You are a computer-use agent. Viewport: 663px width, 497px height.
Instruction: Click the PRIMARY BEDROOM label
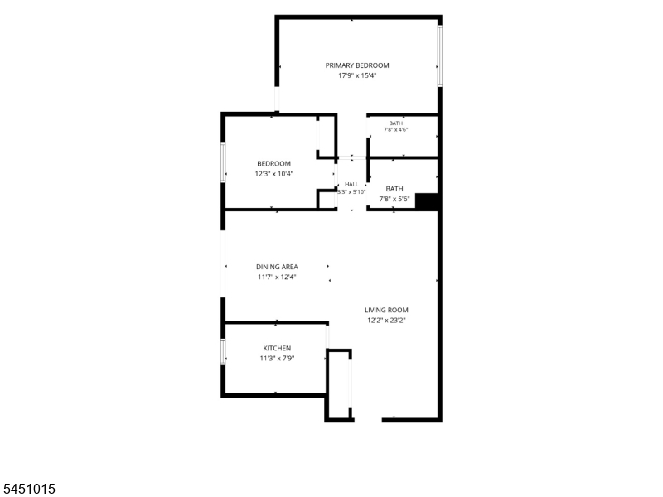click(x=357, y=65)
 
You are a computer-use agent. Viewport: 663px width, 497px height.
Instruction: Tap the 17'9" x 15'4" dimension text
click(x=357, y=75)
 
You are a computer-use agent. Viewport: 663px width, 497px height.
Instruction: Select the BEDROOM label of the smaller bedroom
click(x=273, y=163)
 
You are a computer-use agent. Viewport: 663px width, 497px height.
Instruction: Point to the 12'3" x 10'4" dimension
click(x=273, y=174)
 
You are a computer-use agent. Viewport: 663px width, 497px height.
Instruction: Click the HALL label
click(x=351, y=184)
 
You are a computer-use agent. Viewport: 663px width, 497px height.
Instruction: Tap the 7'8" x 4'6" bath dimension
click(x=396, y=130)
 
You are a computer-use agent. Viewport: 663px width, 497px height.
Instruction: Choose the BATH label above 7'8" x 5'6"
click(x=394, y=189)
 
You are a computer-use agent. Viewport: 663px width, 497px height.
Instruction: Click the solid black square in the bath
click(x=426, y=201)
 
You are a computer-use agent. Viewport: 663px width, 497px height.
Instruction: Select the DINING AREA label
click(x=277, y=267)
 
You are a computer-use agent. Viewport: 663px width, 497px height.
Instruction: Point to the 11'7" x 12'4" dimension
click(x=277, y=277)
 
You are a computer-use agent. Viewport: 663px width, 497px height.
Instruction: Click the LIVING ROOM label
click(x=386, y=310)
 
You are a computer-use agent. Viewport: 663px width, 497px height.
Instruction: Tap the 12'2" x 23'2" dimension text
click(x=386, y=321)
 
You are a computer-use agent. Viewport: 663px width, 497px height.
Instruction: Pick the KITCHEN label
click(x=277, y=348)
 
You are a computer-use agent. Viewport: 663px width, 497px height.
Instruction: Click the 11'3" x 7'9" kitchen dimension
click(x=277, y=359)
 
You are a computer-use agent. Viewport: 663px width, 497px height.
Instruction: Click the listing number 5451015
click(x=28, y=489)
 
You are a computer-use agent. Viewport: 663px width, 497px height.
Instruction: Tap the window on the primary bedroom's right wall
click(x=440, y=55)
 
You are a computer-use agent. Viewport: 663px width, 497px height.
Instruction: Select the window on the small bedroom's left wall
click(x=223, y=162)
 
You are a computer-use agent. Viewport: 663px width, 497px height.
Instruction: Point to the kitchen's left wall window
click(x=223, y=351)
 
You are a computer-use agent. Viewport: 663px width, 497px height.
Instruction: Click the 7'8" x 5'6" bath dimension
click(x=394, y=199)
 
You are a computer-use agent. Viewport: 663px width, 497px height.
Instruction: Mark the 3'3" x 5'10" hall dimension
click(x=351, y=192)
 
